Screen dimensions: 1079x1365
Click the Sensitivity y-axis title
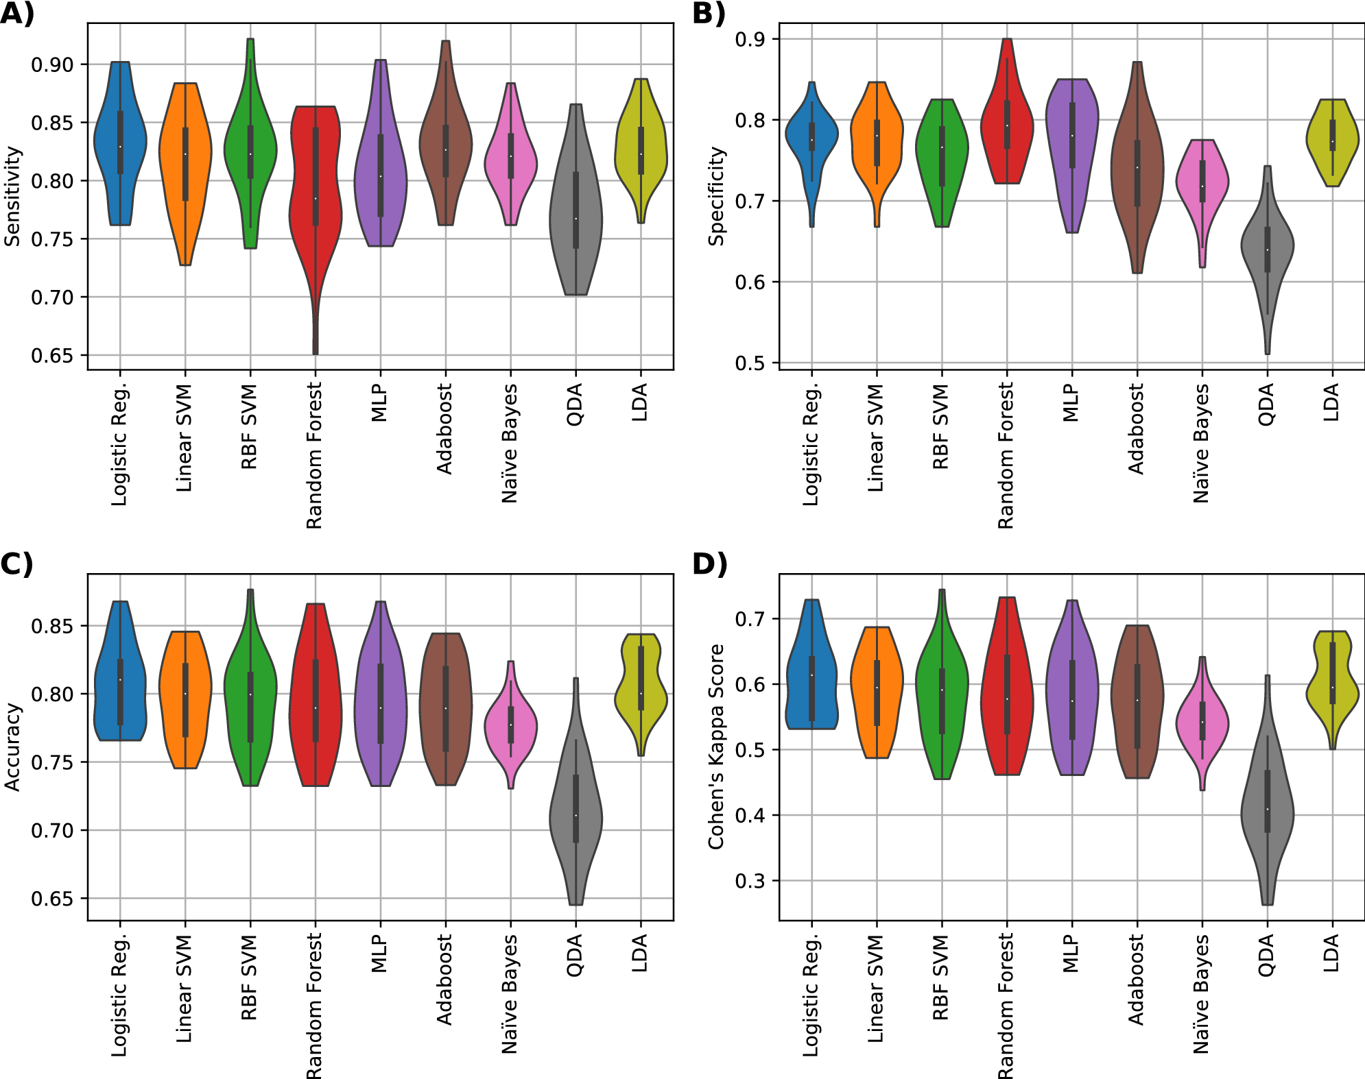tap(12, 196)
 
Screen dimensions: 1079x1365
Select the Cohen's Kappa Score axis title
tap(716, 747)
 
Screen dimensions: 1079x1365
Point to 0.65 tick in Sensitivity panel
tap(51, 356)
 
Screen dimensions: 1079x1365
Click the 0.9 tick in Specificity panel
tap(750, 39)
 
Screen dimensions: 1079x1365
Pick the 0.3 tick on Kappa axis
tap(750, 880)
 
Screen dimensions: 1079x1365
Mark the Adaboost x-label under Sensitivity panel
tap(444, 428)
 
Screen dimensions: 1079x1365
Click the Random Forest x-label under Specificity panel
tap(1005, 455)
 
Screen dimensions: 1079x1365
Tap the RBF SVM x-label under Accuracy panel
tap(249, 977)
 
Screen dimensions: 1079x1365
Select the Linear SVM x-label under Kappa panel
tap(875, 988)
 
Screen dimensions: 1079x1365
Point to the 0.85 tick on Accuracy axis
tap(51, 626)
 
